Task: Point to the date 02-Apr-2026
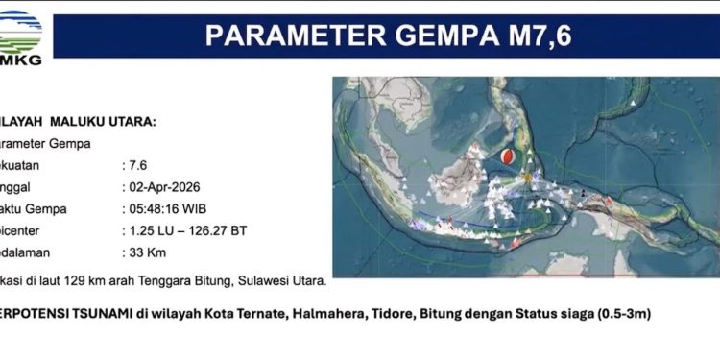(x=159, y=187)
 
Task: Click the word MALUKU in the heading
(x=84, y=122)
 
